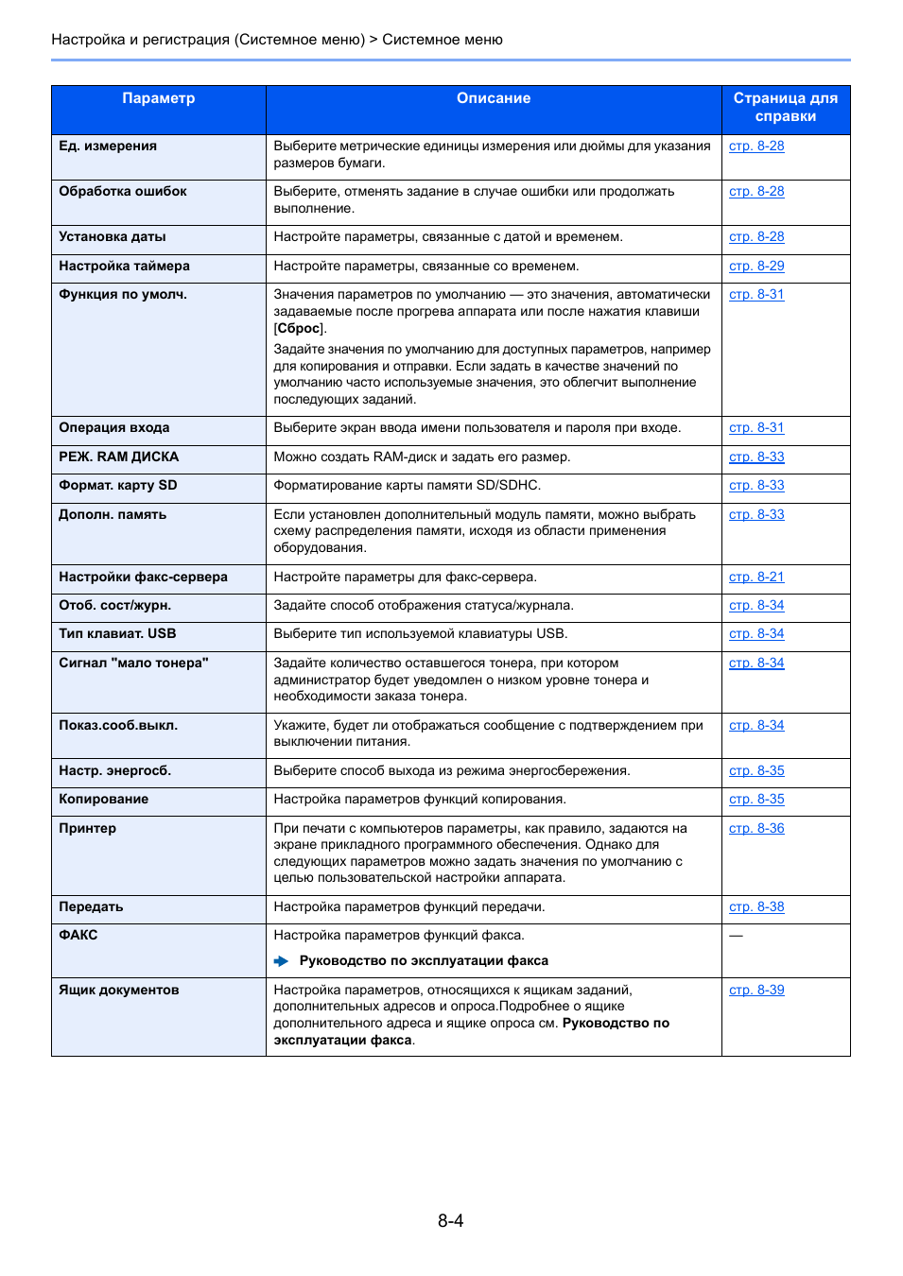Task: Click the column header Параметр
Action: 158,98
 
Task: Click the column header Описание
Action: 493,98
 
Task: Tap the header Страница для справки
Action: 785,107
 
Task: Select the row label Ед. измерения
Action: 108,147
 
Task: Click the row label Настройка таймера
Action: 124,267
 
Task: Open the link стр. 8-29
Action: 756,267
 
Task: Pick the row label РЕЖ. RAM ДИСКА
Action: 118,457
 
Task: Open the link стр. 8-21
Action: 756,578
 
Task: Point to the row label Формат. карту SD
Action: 117,486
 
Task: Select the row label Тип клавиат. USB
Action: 117,634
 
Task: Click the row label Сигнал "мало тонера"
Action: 133,664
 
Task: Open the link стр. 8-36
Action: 756,829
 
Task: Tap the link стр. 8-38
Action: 756,907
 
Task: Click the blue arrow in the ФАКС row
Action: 281,961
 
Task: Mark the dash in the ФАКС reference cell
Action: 736,936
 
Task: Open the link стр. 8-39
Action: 756,991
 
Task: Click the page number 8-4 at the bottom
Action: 450,1221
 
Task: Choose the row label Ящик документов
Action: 118,991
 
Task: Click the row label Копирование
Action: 103,800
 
